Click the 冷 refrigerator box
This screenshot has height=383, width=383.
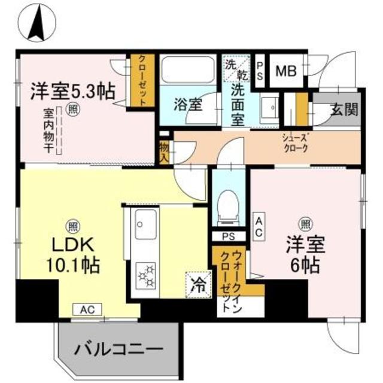(197, 284)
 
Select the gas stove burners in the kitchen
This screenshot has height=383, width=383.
(146, 275)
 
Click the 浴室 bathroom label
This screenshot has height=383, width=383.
(187, 104)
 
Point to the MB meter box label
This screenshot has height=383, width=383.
(286, 71)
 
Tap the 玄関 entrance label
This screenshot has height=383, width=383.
(343, 110)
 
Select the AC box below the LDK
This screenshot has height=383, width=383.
(87, 309)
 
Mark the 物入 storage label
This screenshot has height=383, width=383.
(163, 151)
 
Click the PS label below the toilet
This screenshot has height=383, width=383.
(228, 236)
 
